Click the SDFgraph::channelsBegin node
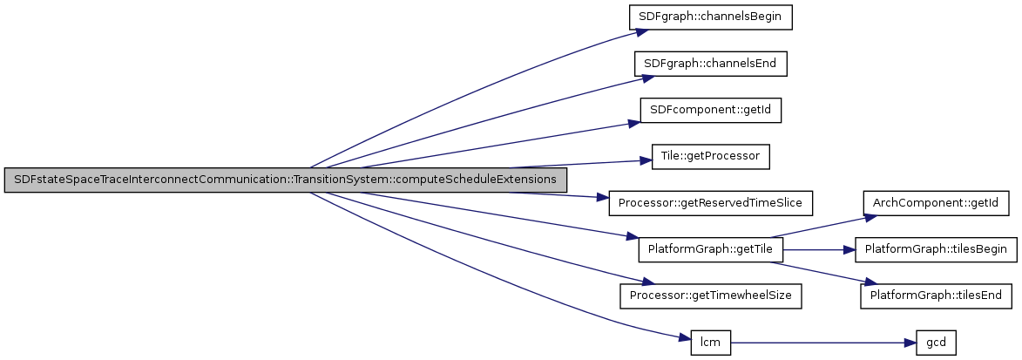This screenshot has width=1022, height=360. [x=711, y=17]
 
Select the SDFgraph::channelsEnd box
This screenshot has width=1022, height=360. [x=711, y=64]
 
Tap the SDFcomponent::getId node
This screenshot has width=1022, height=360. [x=711, y=111]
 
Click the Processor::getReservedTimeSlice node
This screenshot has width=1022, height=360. [x=711, y=203]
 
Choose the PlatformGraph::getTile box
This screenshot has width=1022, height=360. [x=711, y=250]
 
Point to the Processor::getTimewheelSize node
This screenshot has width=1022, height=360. [x=711, y=295]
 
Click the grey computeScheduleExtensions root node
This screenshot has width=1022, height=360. [x=286, y=180]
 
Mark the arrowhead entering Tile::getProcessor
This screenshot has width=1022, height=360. [x=646, y=160]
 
